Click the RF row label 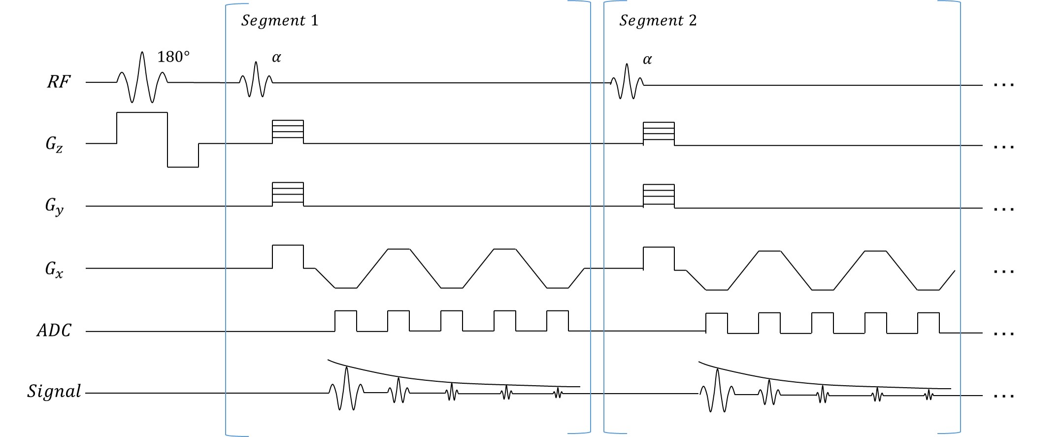tap(59, 82)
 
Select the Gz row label tap(54, 144)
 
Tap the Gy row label tap(54, 206)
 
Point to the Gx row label tap(54, 269)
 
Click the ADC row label tap(54, 331)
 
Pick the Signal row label tap(54, 392)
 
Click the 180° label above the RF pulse tap(173, 57)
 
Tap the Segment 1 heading tap(279, 21)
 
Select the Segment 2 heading tap(658, 21)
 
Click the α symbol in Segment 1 tap(276, 58)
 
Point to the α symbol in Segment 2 tap(647, 60)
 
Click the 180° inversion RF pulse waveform tap(142, 78)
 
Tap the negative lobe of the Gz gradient tap(183, 155)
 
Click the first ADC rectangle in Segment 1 tap(346, 321)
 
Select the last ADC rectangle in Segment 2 tap(928, 323)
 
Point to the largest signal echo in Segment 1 tap(347, 388)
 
